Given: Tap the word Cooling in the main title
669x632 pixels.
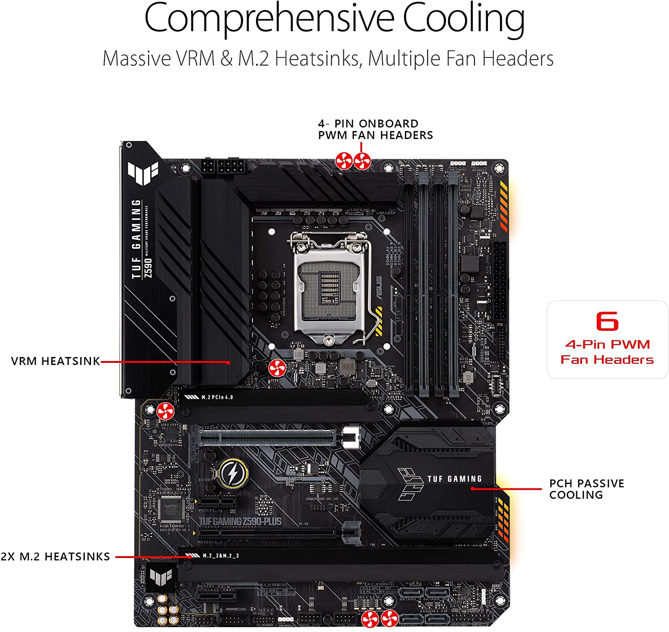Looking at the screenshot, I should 464,19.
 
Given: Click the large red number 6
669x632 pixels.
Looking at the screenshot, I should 607,321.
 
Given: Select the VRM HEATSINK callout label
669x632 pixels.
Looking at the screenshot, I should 56,361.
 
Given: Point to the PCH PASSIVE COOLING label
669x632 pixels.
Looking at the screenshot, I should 586,489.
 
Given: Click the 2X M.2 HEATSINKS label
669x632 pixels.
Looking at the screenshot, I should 55,556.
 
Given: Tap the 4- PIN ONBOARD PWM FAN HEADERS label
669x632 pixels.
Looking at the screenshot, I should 375,129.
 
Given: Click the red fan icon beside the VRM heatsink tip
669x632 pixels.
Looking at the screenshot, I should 277,368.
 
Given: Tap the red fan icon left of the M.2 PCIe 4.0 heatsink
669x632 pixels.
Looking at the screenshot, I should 165,411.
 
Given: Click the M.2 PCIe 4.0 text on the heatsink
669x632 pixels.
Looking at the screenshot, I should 217,397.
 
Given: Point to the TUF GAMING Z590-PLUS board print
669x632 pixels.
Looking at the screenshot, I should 240,521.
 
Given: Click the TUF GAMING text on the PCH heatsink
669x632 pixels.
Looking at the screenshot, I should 454,479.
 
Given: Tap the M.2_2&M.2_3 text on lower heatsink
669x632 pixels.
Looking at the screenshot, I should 221,556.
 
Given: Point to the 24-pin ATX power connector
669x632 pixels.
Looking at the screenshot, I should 500,281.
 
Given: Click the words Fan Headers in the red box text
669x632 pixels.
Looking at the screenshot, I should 607,360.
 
